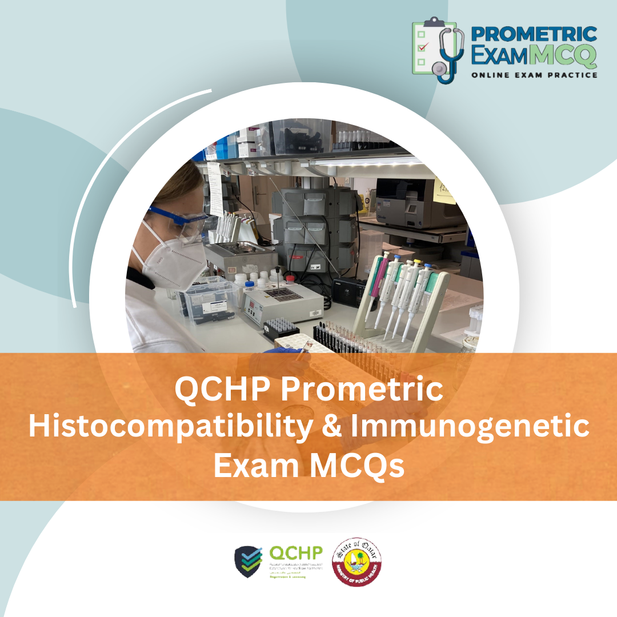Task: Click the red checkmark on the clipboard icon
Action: [422, 47]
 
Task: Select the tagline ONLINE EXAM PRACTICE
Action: [534, 75]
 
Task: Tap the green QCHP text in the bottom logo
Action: [296, 553]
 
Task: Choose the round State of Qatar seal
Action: [357, 562]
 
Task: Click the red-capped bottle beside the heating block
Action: [290, 278]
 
